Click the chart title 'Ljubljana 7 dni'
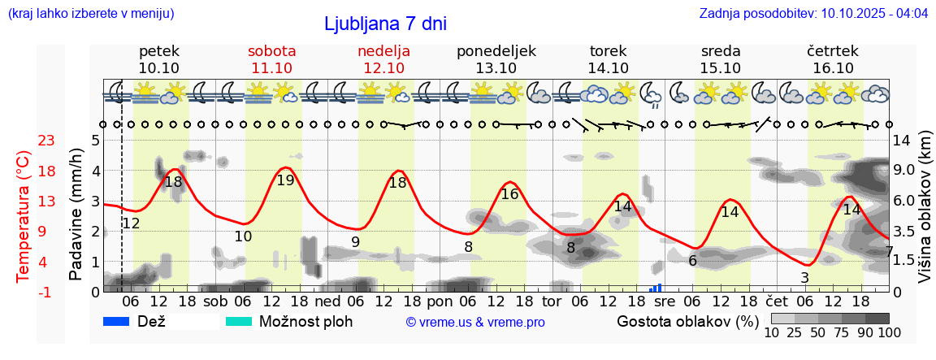[385, 24]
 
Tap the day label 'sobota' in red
[271, 51]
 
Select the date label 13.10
[496, 68]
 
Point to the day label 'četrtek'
[833, 51]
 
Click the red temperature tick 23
[46, 141]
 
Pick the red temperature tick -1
[46, 292]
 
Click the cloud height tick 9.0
[904, 171]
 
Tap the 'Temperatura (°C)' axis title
[24, 216]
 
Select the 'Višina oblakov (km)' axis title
[925, 216]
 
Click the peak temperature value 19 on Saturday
[285, 180]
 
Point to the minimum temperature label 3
[804, 278]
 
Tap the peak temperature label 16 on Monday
[509, 194]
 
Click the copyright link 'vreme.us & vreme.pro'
[475, 322]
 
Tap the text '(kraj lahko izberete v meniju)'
[90, 14]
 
